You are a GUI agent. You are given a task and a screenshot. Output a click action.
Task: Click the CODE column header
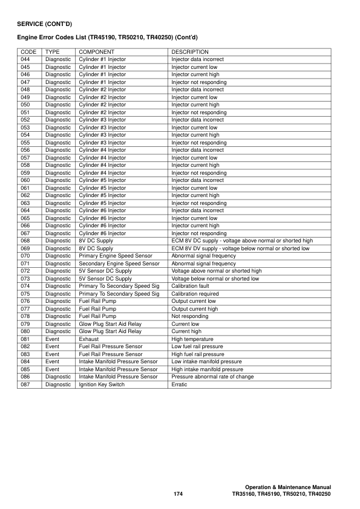28,52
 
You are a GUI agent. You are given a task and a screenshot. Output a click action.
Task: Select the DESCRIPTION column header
190,52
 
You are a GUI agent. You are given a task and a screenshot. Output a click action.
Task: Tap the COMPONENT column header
97,52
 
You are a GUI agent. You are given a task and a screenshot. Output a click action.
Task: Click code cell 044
25,60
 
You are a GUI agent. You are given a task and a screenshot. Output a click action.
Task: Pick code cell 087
25,384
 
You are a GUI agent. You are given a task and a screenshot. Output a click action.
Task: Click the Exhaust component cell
90,339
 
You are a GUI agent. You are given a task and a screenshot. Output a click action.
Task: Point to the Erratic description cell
180,384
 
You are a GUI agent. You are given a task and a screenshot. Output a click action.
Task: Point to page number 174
178,494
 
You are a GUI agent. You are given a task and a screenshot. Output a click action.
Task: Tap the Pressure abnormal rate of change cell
212,377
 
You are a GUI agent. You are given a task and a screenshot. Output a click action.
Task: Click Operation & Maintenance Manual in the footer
288,487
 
